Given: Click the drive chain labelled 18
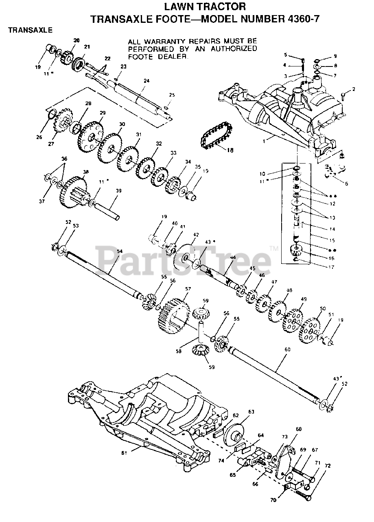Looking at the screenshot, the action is click(x=216, y=137).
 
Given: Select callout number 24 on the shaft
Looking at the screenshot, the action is click(x=147, y=81).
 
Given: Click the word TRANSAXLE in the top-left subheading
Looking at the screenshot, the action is click(x=30, y=30).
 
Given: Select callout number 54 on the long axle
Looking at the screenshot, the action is click(x=119, y=252).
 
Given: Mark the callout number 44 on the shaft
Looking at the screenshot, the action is click(x=233, y=257).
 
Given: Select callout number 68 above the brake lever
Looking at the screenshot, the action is click(x=299, y=429).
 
